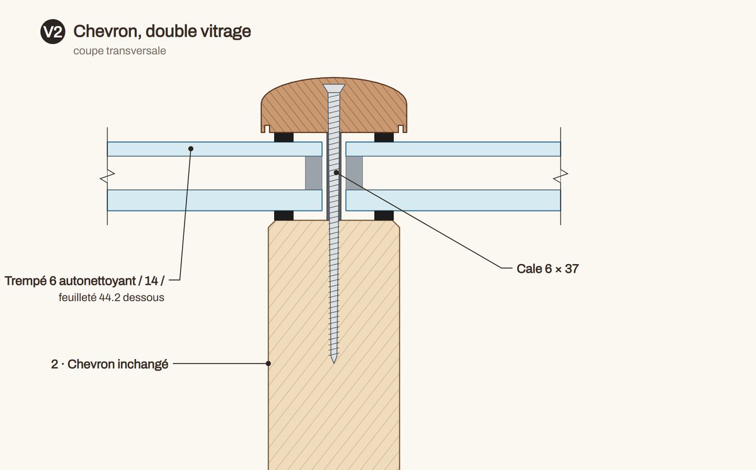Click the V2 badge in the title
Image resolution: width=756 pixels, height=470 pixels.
tap(53, 32)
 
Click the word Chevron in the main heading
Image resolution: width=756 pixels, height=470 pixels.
tap(106, 32)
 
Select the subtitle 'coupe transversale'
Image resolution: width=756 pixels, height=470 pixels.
tap(120, 51)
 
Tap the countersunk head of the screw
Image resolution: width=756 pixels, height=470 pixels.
tap(334, 88)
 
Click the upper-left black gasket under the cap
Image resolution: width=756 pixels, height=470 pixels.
tap(283, 137)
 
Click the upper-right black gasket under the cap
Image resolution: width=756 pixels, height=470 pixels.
tap(384, 137)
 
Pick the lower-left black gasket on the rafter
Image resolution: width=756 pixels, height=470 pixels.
tap(283, 215)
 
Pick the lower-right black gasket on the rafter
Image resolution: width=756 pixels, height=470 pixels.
tap(384, 215)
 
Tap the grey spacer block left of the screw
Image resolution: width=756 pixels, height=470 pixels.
tap(314, 173)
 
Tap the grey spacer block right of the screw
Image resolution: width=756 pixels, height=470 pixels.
tap(354, 173)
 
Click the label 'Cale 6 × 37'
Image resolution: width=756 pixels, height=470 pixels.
tap(547, 268)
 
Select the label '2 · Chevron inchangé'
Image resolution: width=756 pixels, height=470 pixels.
tap(110, 364)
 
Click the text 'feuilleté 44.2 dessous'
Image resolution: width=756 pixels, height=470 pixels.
tap(112, 297)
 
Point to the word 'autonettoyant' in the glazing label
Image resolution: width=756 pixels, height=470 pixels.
tap(97, 281)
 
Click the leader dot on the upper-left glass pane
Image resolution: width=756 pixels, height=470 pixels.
tap(191, 149)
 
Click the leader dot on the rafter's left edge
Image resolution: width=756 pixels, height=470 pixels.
tap(268, 364)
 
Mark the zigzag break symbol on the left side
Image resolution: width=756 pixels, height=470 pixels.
tap(107, 176)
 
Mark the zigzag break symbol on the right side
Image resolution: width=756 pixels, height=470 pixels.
tap(561, 176)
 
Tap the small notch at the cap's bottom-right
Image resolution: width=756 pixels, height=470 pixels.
tap(401, 129)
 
